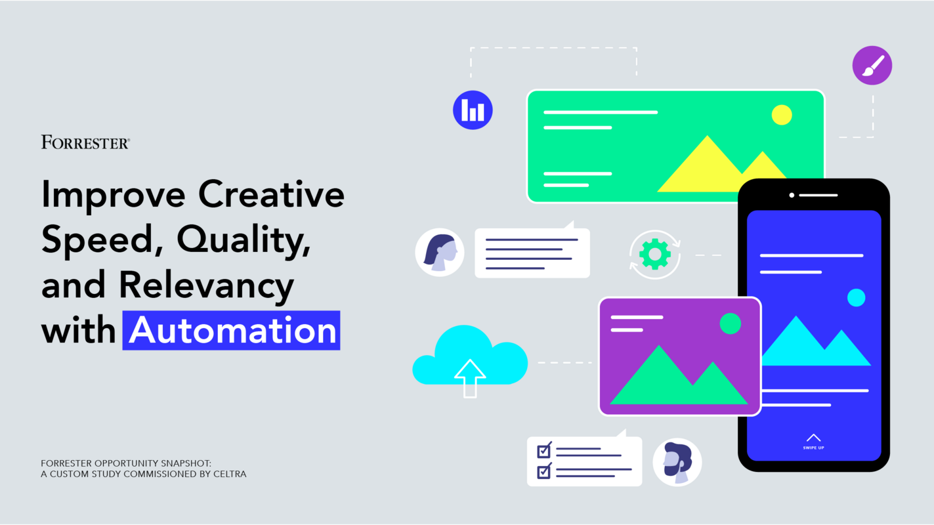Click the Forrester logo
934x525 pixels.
coord(85,142)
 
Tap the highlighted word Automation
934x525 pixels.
coord(232,331)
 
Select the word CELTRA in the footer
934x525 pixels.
coord(230,474)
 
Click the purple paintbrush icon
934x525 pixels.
coord(872,66)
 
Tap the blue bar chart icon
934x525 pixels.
coord(473,110)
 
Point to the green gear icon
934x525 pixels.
coord(654,254)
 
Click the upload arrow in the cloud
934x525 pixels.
coord(470,377)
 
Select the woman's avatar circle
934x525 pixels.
coord(440,252)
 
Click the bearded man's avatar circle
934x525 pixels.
coord(677,462)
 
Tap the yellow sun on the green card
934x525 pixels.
coord(781,115)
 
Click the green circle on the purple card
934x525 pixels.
coord(730,324)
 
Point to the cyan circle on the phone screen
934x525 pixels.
coord(856,298)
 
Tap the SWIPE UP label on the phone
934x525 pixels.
coord(813,448)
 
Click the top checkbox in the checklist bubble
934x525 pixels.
coord(544,451)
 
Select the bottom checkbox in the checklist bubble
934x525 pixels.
coord(544,471)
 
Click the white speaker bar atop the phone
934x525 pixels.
coord(818,195)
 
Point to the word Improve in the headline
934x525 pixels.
coord(113,196)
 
